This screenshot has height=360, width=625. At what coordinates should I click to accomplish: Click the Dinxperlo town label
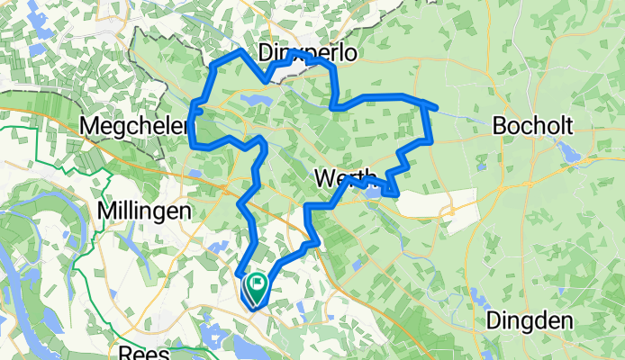(307, 53)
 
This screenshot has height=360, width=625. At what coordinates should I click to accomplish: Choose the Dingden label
(529, 319)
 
